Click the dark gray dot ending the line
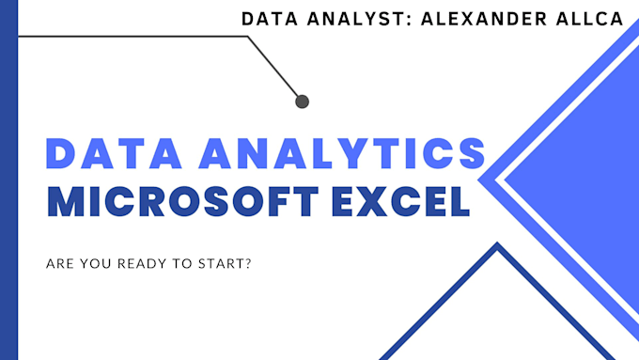(x=302, y=101)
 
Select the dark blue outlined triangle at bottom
(x=497, y=310)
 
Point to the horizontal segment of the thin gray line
(x=132, y=37)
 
